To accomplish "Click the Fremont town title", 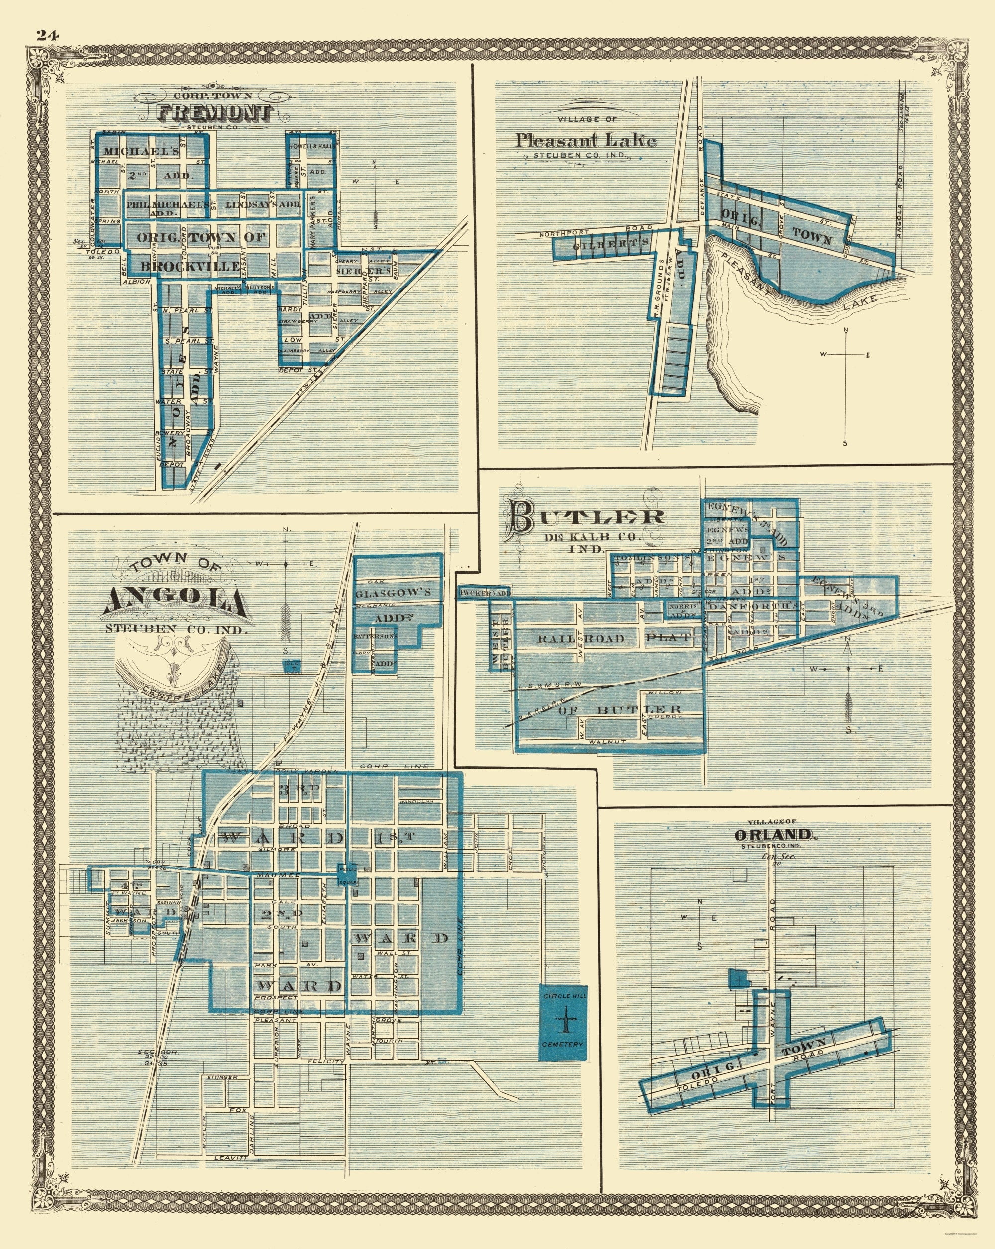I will pyautogui.click(x=215, y=113).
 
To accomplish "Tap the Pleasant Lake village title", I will pyautogui.click(x=586, y=140).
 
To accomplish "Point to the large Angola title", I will pyautogui.click(x=174, y=602).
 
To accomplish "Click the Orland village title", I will pyautogui.click(x=773, y=835).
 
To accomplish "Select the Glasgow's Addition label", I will pyautogui.click(x=393, y=593).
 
